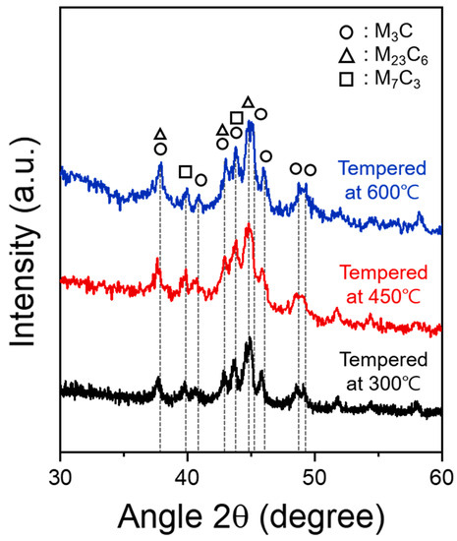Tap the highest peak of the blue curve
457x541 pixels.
click(250, 122)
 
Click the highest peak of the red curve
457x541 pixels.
click(249, 225)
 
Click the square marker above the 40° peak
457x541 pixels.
click(185, 172)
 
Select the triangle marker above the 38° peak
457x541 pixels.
click(160, 134)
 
